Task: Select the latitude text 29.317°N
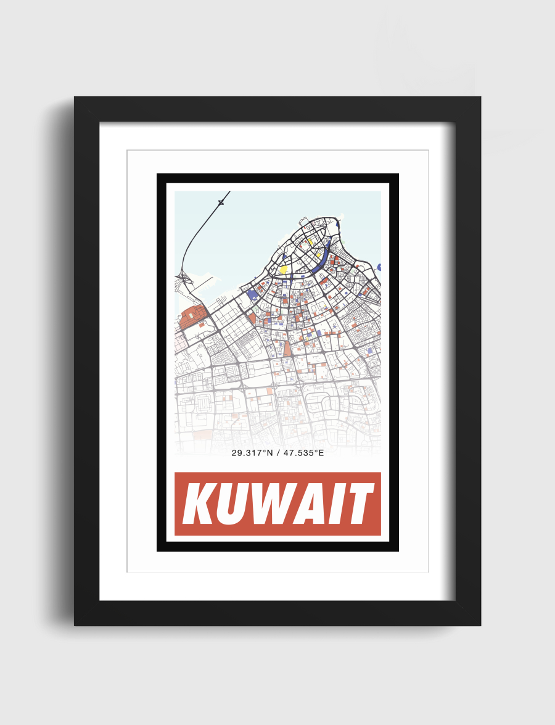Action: coord(252,453)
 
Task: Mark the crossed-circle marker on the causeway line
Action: coord(221,202)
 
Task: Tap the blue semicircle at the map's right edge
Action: coord(379,267)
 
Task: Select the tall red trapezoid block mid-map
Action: coord(287,349)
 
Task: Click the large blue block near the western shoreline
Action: coord(252,295)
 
